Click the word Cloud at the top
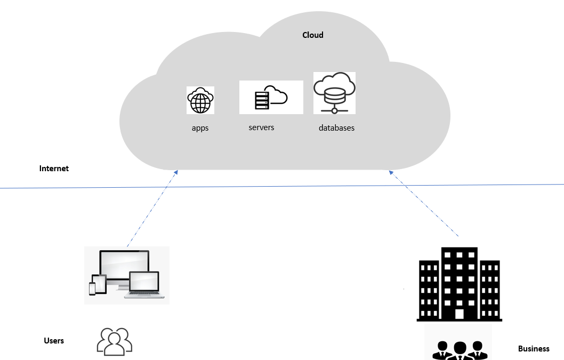313,35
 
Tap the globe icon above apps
200,101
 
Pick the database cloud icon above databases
334,93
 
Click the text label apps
200,129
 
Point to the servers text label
261,127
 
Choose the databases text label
336,128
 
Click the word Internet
54,169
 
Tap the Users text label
54,341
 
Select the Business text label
534,349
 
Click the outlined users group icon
115,341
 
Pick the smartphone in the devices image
92,288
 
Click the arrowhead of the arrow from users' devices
176,172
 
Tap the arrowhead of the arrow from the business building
391,172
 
